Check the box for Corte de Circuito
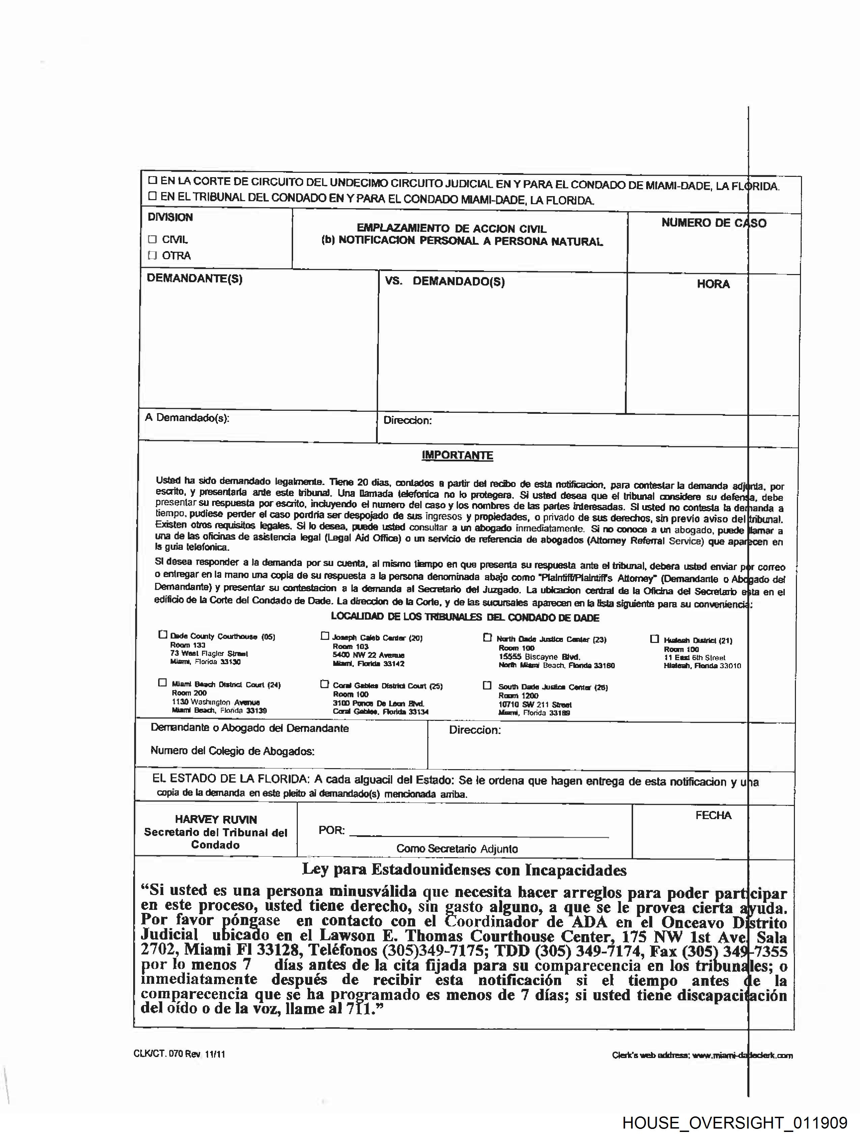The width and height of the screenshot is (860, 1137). pyautogui.click(x=152, y=181)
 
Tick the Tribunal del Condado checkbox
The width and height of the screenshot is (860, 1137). pyautogui.click(x=152, y=196)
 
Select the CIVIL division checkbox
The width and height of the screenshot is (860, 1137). pyautogui.click(x=152, y=239)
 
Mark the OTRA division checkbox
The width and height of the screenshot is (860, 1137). pyautogui.click(x=152, y=255)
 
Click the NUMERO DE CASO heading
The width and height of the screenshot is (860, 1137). pyautogui.click(x=713, y=223)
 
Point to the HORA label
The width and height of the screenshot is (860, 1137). pyautogui.click(x=713, y=284)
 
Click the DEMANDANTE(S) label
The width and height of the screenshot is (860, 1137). pyautogui.click(x=194, y=278)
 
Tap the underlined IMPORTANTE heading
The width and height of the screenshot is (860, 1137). pyautogui.click(x=457, y=455)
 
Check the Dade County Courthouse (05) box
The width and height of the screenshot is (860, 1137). pyautogui.click(x=163, y=635)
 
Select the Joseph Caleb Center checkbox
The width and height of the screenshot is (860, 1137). pyautogui.click(x=325, y=637)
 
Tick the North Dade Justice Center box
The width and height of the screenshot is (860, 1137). pyautogui.click(x=487, y=638)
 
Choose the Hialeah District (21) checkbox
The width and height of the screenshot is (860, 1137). pyautogui.click(x=654, y=639)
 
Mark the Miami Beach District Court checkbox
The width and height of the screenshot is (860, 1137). pyautogui.click(x=162, y=683)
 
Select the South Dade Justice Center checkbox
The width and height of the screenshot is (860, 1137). pyautogui.click(x=487, y=686)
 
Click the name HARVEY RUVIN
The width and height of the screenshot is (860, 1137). pyautogui.click(x=216, y=820)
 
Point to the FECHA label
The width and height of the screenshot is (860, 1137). pyautogui.click(x=713, y=815)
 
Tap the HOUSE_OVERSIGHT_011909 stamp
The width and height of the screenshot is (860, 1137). pyautogui.click(x=735, y=1122)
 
